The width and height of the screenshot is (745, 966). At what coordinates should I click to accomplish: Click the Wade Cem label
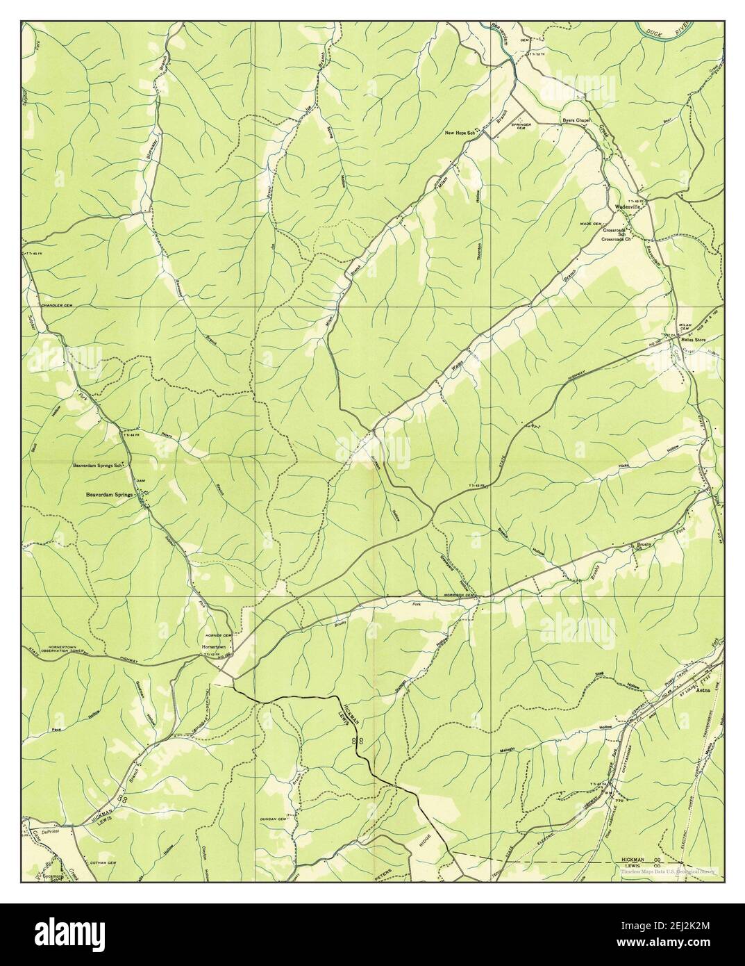pyautogui.click(x=592, y=223)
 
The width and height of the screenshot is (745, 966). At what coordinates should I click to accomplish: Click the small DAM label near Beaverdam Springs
pyautogui.click(x=138, y=481)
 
